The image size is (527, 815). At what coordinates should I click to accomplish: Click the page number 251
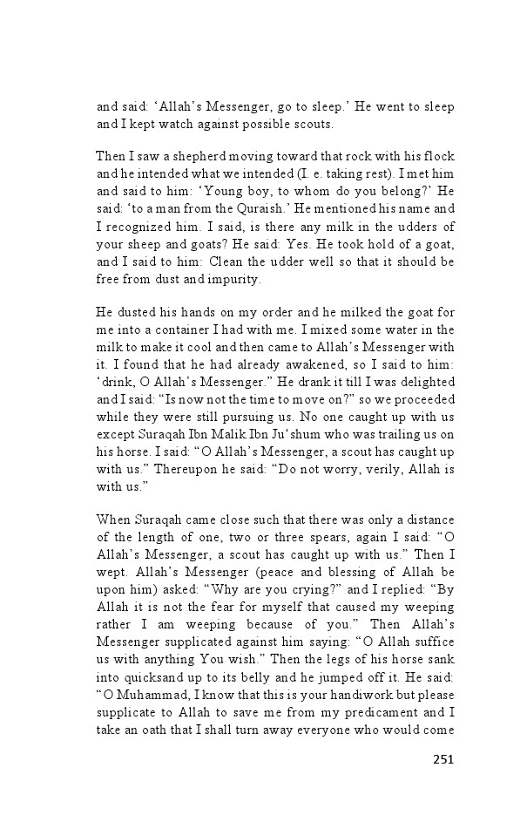pyautogui.click(x=443, y=758)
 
